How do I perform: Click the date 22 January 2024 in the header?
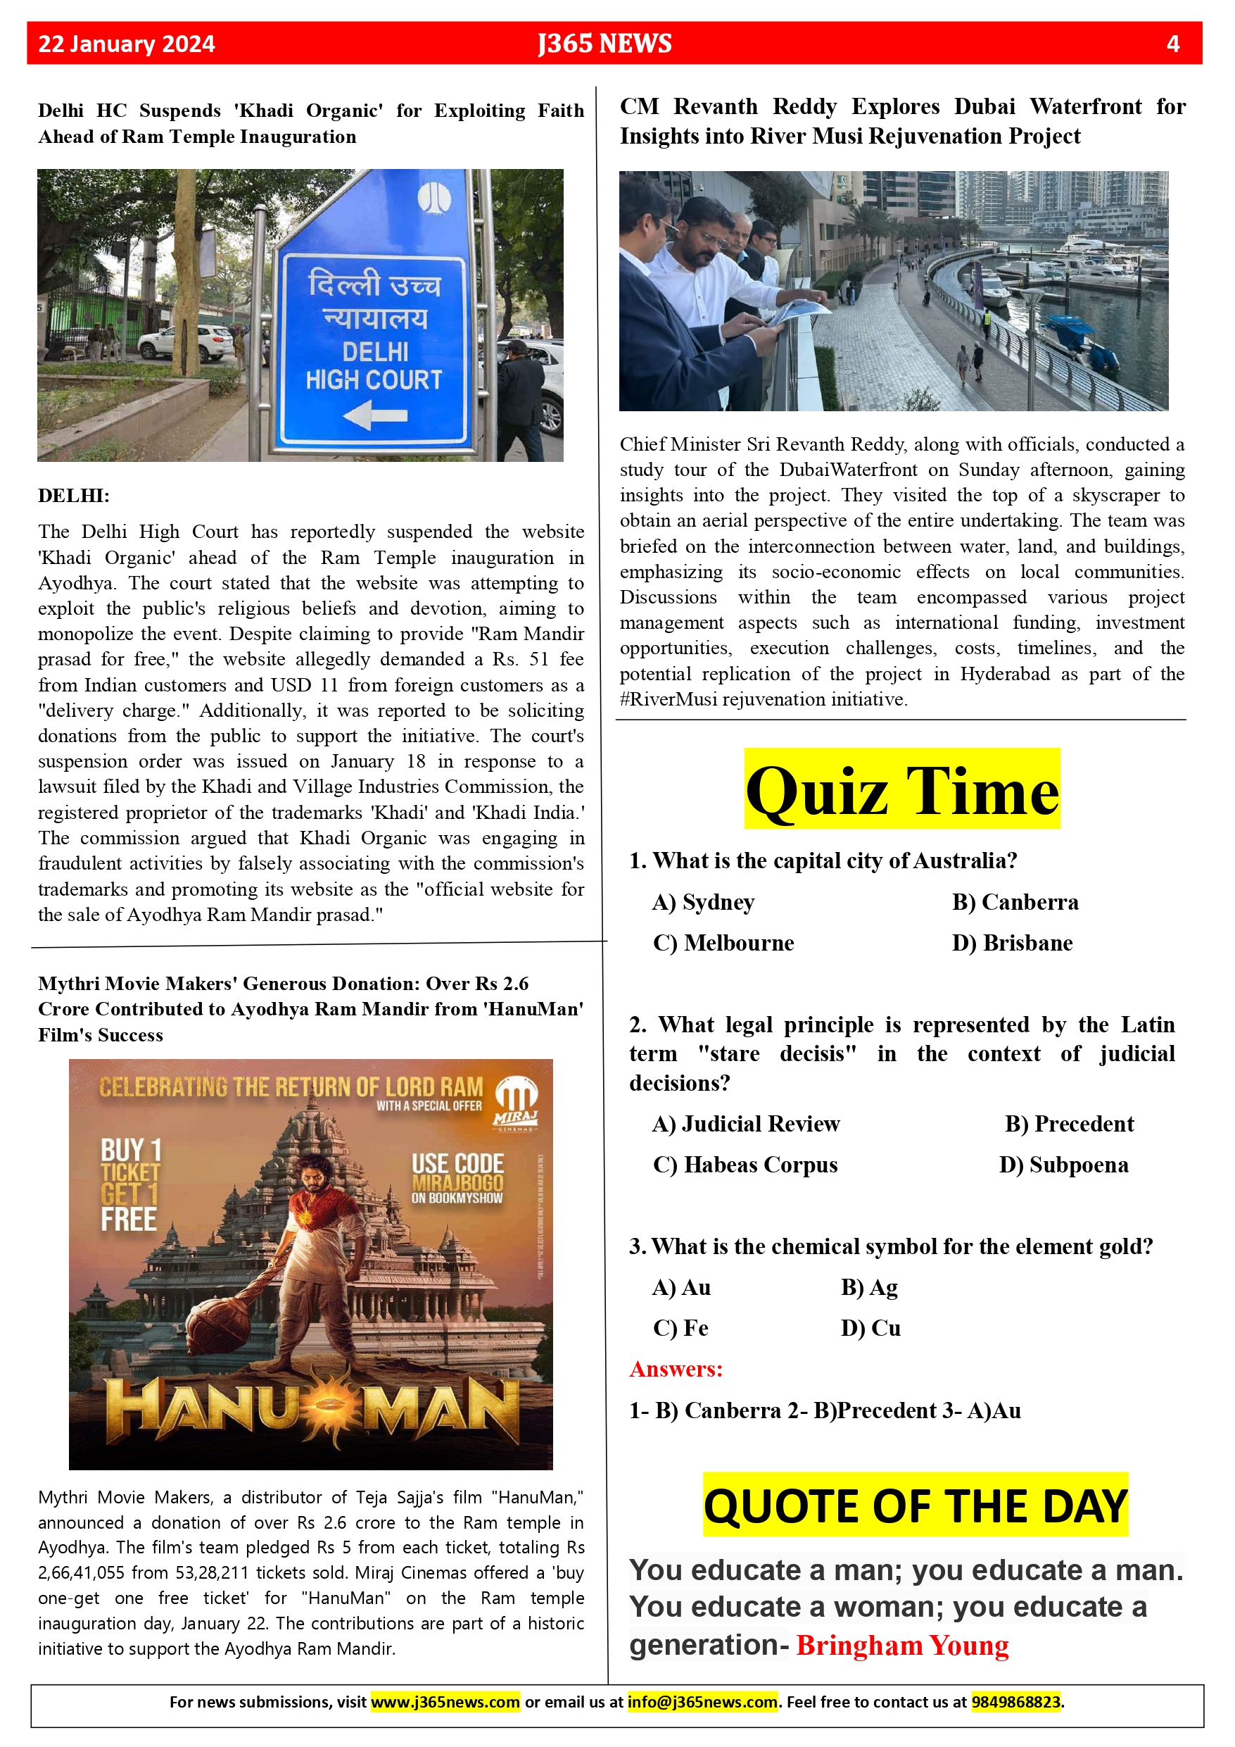pos(126,44)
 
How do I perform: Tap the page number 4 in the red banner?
pos(1172,44)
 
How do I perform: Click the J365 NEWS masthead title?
pos(604,44)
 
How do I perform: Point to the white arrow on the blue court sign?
pos(375,415)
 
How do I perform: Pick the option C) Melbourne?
pos(723,943)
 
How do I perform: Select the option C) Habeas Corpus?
pos(745,1165)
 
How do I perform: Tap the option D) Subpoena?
pos(1063,1165)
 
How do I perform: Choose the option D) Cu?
pos(870,1328)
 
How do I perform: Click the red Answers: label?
pos(676,1369)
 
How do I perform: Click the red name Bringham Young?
pos(902,1645)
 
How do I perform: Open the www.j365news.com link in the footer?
pos(445,1702)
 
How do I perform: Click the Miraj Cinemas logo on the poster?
pos(517,1102)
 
